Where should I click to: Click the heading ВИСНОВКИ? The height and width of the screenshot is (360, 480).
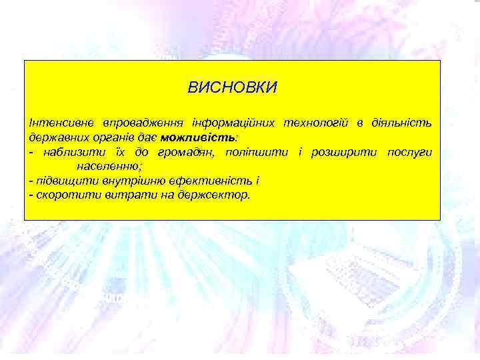pos(232,88)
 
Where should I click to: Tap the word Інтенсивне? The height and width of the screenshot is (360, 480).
pos(60,123)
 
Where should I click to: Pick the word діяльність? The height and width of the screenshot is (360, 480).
pos(399,123)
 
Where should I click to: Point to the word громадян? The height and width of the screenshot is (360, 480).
pos(183,153)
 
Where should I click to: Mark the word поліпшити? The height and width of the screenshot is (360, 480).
pos(258,153)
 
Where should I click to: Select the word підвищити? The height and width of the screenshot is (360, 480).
pos(61,181)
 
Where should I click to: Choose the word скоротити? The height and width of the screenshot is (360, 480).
pos(63,195)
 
